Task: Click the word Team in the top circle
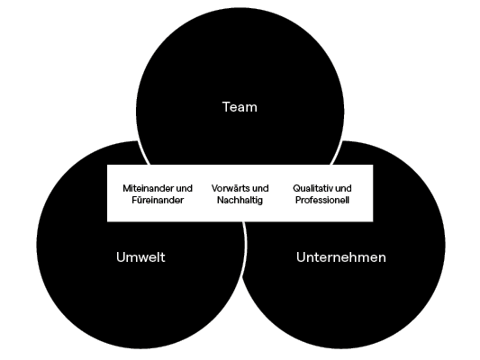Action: (240, 107)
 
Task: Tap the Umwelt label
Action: (140, 256)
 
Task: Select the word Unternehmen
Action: (341, 256)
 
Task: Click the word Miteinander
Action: (145, 188)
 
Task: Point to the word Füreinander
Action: (158, 200)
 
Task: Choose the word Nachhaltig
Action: (240, 201)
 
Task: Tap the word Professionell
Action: (322, 200)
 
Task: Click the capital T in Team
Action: (226, 107)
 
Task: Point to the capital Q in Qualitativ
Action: (296, 188)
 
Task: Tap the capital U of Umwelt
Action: (121, 256)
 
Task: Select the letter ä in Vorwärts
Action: (231, 188)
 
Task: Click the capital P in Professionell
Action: (298, 200)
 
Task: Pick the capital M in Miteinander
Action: (126, 188)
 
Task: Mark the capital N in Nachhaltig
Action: (221, 200)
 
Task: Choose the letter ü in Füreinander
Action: (139, 201)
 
